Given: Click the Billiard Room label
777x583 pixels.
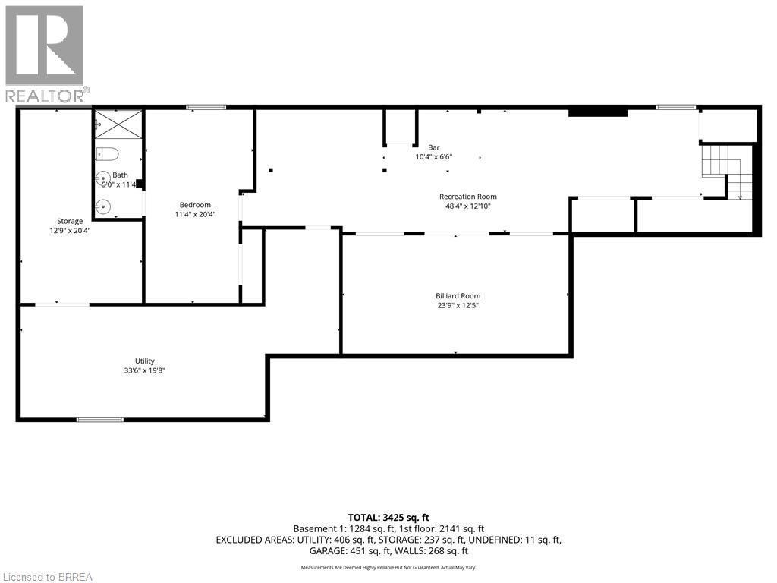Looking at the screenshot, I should point(458,296).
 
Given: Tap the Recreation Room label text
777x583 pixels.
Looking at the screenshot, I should point(467,197).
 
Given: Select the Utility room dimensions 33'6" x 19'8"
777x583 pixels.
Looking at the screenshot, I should point(145,370).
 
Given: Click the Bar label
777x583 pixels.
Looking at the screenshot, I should point(434,147).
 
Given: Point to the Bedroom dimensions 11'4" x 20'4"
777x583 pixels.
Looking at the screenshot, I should point(195,214).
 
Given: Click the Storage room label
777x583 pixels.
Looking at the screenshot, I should point(69,222).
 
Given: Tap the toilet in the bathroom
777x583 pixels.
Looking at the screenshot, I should point(108,154).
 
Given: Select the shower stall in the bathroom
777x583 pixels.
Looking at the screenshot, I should point(118,124).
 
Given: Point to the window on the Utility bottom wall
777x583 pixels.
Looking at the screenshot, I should point(99,419).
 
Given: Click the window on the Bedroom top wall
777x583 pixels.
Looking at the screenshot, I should point(206,107).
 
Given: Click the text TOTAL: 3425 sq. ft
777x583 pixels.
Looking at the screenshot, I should point(388,518).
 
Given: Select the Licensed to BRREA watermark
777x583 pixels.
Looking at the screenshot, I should point(47,576).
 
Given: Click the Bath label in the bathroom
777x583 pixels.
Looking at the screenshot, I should point(120,175).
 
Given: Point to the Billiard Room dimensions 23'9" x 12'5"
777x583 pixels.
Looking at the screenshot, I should point(458,306).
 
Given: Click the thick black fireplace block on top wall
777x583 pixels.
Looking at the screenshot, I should point(598,112).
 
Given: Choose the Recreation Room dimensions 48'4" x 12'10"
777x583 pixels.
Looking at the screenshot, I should point(467,206).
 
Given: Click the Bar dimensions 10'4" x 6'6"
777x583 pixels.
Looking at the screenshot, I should point(434,157).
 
